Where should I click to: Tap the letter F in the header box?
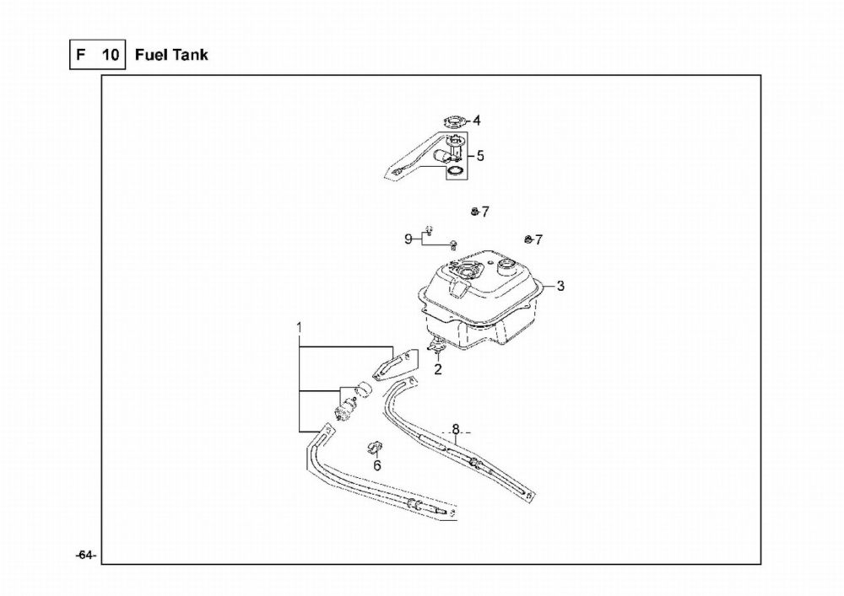pyautogui.click(x=81, y=56)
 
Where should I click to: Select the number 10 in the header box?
pyautogui.click(x=110, y=56)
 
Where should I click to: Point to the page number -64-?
pyautogui.click(x=85, y=555)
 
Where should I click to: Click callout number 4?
pyautogui.click(x=476, y=121)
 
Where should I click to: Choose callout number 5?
pyautogui.click(x=480, y=156)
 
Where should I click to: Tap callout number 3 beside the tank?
pyautogui.click(x=560, y=286)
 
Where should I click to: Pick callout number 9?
pyautogui.click(x=408, y=239)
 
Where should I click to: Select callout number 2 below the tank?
pyautogui.click(x=438, y=369)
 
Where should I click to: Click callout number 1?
pyautogui.click(x=299, y=325)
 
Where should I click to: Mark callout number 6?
pyautogui.click(x=377, y=464)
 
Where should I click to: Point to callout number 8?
pyautogui.click(x=455, y=427)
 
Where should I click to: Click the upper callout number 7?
pyautogui.click(x=485, y=211)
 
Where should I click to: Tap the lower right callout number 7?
pyautogui.click(x=538, y=239)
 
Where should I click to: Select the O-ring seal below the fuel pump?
pyautogui.click(x=456, y=172)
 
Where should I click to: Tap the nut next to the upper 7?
pyautogui.click(x=475, y=210)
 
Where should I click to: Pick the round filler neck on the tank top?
pyautogui.click(x=507, y=267)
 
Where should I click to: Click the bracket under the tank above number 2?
pyautogui.click(x=436, y=345)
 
